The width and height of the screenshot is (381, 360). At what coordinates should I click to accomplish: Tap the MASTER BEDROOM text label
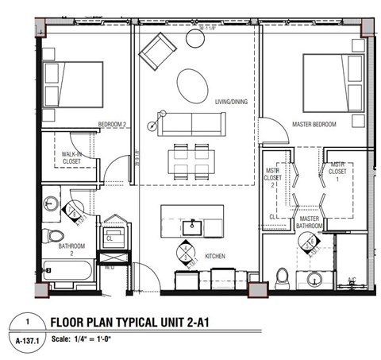coord(313,125)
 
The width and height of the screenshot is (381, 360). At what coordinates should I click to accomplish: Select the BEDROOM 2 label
coord(113,124)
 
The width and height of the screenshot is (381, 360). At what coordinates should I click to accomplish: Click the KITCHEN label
coord(217,256)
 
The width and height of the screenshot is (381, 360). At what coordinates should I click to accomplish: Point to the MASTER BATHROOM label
coord(310,222)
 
